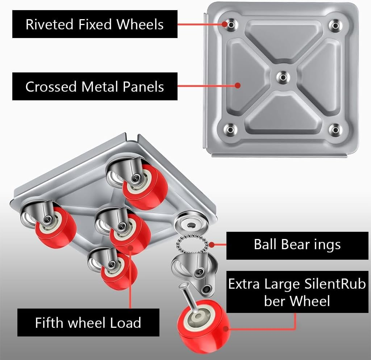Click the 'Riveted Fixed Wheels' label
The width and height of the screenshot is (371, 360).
click(95, 24)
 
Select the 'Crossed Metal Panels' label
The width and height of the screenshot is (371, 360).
click(95, 87)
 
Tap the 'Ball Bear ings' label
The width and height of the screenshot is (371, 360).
click(297, 244)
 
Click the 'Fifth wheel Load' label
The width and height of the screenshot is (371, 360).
click(88, 322)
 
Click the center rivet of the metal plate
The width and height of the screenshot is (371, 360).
click(283, 76)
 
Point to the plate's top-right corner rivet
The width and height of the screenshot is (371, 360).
click(335, 25)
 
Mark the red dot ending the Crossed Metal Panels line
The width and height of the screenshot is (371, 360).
click(238, 85)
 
